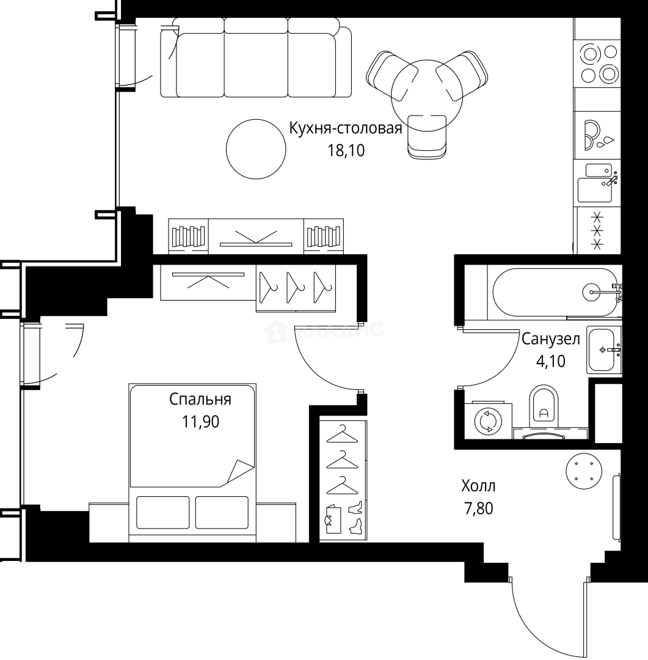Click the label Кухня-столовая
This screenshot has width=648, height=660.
(345, 129)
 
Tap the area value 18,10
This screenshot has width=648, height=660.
(346, 150)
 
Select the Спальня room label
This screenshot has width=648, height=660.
(200, 400)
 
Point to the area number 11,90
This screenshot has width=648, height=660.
(200, 422)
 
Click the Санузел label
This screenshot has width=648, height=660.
(550, 339)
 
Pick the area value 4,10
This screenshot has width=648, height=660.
(550, 361)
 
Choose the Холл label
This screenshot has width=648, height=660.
(478, 486)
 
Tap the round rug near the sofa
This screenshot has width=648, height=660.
(255, 148)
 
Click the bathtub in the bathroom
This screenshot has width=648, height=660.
(556, 292)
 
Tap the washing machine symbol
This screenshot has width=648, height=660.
(488, 422)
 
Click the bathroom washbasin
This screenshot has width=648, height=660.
(603, 350)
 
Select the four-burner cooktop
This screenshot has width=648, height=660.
(599, 64)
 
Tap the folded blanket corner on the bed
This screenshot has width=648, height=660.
(240, 471)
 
